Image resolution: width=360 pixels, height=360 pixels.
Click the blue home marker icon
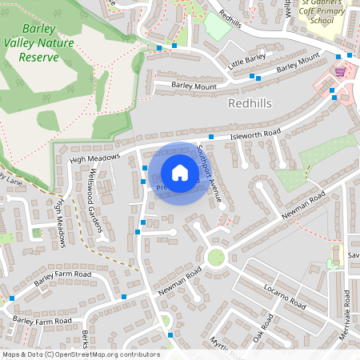[180, 173]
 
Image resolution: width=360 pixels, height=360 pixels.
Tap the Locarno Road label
[286, 296]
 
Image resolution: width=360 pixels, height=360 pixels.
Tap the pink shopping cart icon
[340, 72]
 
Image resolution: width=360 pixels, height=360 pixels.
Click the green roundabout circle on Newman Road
[214, 257]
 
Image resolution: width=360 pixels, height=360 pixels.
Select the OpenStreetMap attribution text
[81, 354]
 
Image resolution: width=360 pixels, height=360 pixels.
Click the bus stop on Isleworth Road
[210, 137]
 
